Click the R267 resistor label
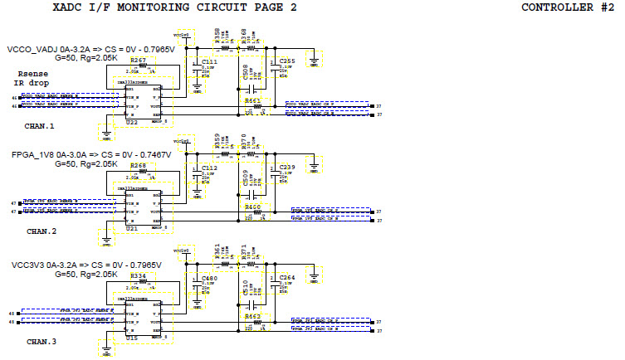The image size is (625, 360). (x=139, y=61)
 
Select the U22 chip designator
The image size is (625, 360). (x=132, y=122)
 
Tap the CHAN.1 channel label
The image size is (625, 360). (x=40, y=127)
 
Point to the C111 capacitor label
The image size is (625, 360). (x=210, y=61)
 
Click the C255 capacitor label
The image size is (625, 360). (x=287, y=61)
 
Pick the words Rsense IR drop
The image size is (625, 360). (x=32, y=78)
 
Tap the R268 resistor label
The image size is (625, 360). (x=139, y=165)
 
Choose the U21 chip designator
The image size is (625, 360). (x=132, y=227)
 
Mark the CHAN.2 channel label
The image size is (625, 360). (x=40, y=231)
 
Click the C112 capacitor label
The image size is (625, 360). (x=210, y=167)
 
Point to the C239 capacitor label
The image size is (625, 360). (x=287, y=167)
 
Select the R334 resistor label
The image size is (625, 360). (x=139, y=275)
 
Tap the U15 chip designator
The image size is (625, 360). (x=132, y=338)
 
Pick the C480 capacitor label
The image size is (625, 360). (x=210, y=278)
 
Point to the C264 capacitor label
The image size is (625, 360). (x=287, y=278)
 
